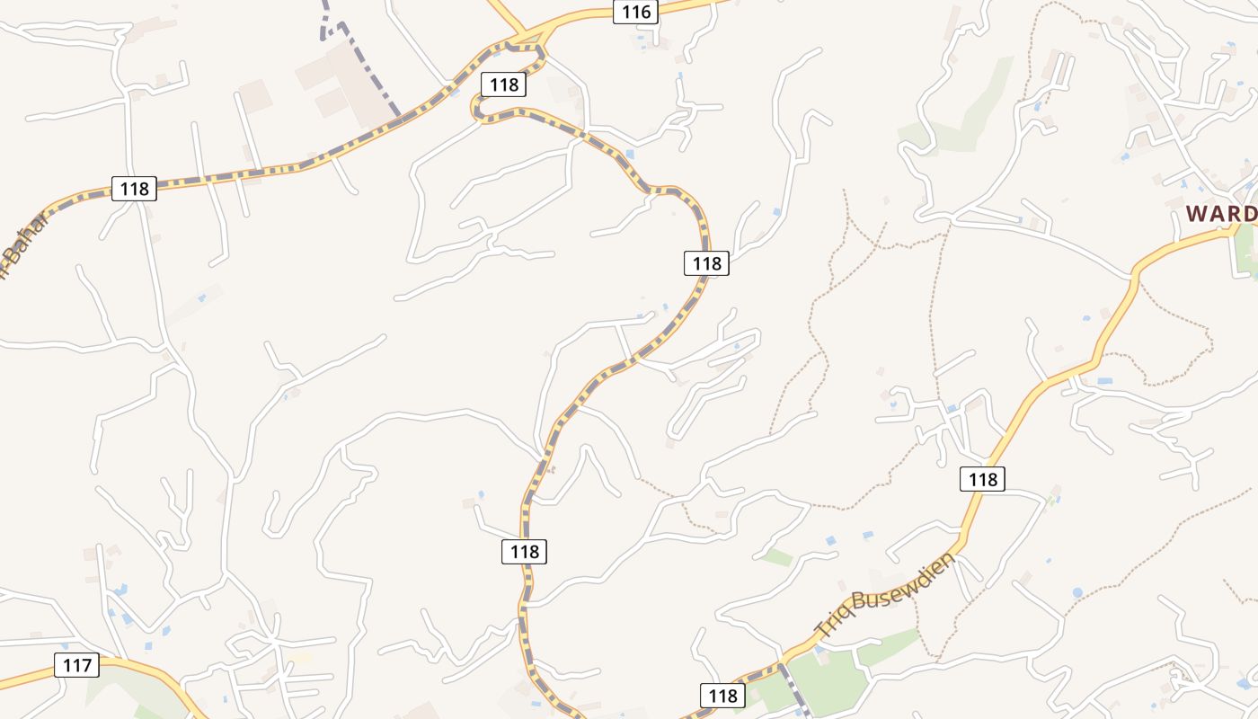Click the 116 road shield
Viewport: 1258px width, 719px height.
[x=636, y=12]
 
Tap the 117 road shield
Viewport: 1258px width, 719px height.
[x=77, y=665]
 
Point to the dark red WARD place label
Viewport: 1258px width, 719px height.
[x=1220, y=214]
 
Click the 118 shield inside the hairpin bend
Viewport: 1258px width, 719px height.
[x=504, y=84]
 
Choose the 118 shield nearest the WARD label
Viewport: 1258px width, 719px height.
[x=982, y=479]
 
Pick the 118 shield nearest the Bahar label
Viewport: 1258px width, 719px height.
[x=134, y=188]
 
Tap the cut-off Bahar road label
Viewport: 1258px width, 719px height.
[x=20, y=243]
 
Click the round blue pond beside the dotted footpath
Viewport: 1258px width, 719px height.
[x=1077, y=593]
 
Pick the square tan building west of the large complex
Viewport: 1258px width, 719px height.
[x=254, y=95]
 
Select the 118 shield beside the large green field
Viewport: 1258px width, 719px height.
[x=722, y=695]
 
